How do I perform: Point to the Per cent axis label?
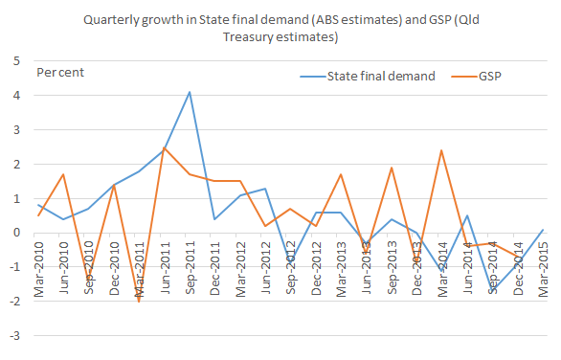point(60,73)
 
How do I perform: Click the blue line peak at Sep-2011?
point(190,92)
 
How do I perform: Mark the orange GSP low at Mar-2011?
point(139,301)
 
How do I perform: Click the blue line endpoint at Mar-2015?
point(542,229)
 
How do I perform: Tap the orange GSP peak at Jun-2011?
point(165,147)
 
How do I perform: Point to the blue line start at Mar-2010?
point(38,205)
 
